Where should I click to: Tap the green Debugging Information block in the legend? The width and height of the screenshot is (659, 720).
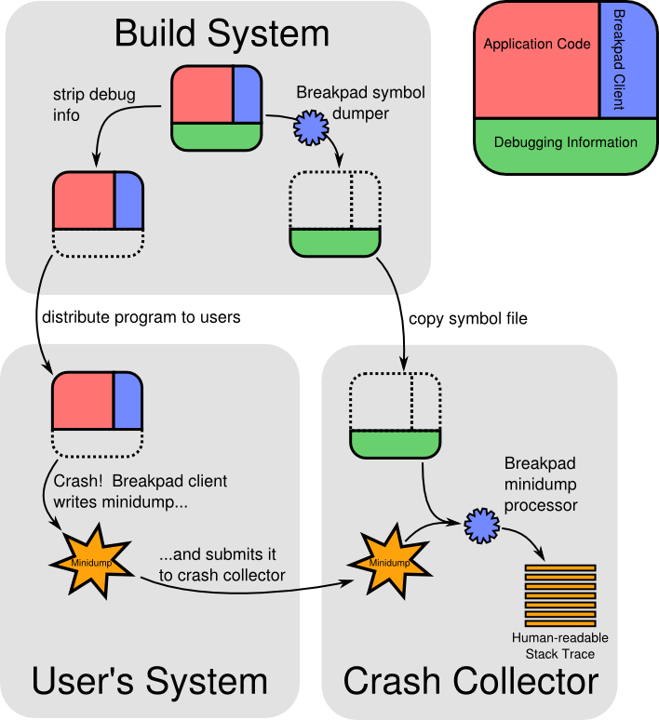[565, 144]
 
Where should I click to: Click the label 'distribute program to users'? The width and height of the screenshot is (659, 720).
[141, 318]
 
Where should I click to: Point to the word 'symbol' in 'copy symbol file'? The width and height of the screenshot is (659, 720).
[476, 319]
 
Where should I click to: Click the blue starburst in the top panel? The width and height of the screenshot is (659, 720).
[311, 127]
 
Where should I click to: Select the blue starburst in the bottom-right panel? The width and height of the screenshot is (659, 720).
[481, 526]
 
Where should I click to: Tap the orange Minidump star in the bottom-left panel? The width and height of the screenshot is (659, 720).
[91, 563]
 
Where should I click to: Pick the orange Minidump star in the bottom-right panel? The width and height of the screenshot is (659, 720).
[389, 562]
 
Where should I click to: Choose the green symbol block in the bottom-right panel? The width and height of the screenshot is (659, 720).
[395, 444]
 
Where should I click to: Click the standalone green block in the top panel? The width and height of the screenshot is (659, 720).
[335, 242]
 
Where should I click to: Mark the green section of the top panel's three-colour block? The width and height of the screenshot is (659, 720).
[216, 136]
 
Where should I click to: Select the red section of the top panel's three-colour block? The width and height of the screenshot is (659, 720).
[202, 94]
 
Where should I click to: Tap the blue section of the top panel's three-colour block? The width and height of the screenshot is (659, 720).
[247, 94]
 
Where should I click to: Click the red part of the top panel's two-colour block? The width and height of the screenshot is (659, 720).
[84, 200]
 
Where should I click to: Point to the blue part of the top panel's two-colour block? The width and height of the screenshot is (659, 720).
[128, 200]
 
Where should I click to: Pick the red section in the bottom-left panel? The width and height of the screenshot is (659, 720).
[83, 401]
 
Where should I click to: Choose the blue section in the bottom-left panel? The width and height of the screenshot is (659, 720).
[128, 401]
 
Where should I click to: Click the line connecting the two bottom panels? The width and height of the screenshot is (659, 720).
[311, 588]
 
